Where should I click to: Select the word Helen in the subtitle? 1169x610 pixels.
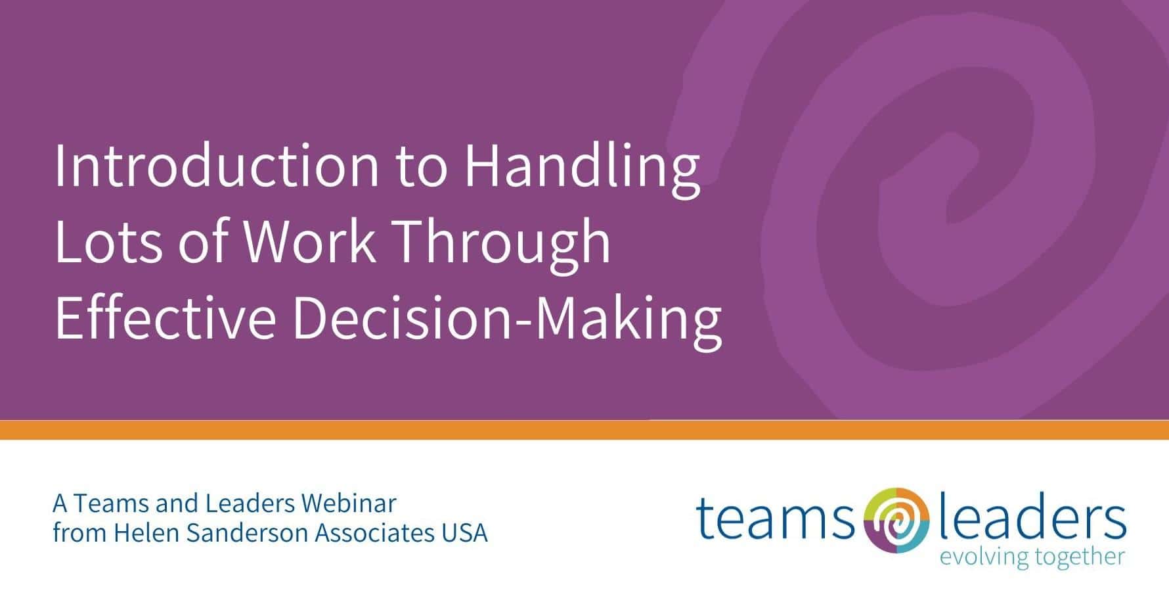pos(146,533)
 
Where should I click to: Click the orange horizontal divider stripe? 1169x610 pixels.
pos(584,430)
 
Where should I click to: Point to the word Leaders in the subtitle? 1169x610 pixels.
pos(249,504)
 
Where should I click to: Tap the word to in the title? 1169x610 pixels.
pos(421,169)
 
